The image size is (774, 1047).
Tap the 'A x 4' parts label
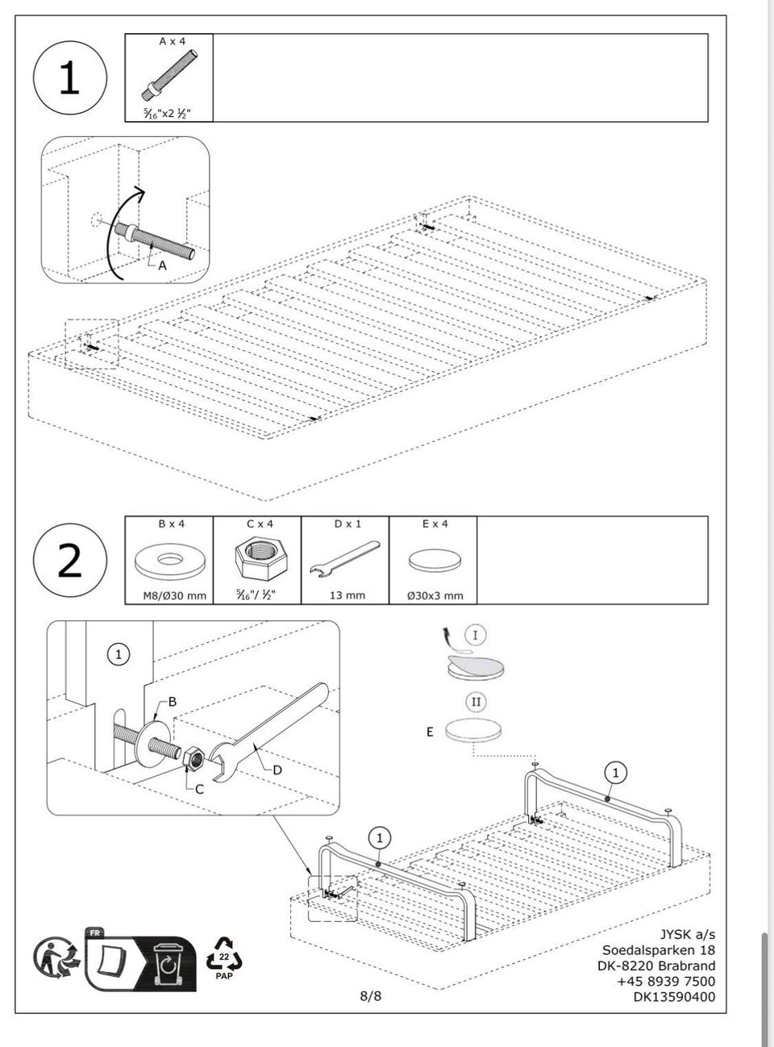tap(173, 41)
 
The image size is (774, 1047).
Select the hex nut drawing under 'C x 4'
tap(261, 561)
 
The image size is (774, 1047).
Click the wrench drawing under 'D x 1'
tap(345, 559)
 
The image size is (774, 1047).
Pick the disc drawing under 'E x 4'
tap(435, 561)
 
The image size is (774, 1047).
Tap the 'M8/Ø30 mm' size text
tap(175, 596)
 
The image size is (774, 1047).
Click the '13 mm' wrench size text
tap(347, 595)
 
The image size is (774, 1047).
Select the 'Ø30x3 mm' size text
tap(435, 596)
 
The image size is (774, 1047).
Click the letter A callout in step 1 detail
tap(162, 265)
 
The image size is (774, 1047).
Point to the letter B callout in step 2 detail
tap(173, 702)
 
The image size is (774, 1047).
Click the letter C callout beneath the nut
tap(200, 789)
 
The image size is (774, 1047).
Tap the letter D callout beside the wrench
tap(277, 770)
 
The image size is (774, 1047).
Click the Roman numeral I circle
tap(475, 636)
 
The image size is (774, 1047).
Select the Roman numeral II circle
tap(476, 702)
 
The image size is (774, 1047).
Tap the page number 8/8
tap(371, 996)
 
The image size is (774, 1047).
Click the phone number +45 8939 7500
tap(666, 982)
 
